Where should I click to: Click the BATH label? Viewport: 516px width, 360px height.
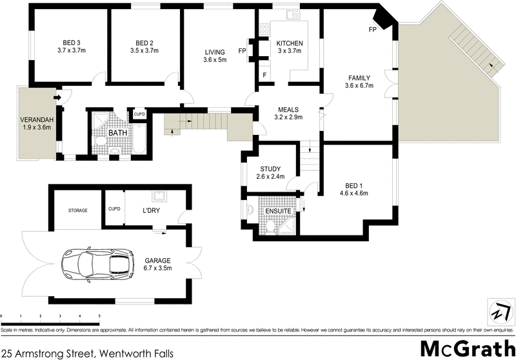118,133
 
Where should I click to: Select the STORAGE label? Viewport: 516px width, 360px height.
77,210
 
